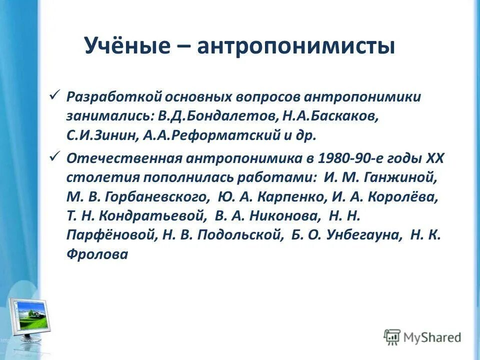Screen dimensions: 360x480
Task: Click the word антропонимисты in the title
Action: (295, 46)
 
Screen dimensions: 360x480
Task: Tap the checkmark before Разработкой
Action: (55, 94)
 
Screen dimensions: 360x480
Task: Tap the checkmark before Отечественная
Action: (55, 157)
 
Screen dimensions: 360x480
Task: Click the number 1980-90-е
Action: (348, 158)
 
